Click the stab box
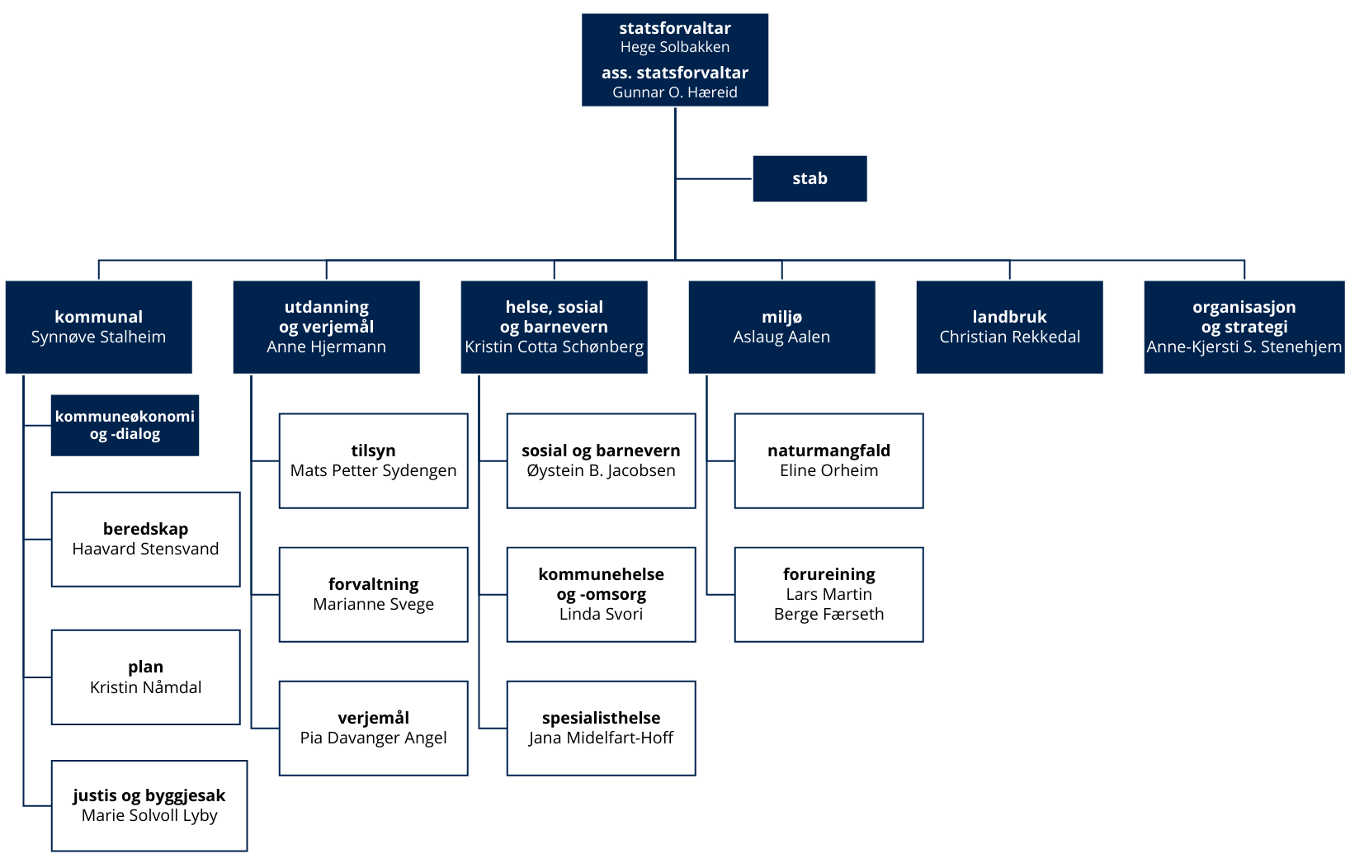810,178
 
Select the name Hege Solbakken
675,47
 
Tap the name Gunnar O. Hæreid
675,92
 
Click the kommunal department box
99,327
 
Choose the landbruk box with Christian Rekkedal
1009,327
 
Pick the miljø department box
781,327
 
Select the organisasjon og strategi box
1244,327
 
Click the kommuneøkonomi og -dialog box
125,425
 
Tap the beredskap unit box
146,540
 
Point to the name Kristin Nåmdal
146,687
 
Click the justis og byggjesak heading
149,795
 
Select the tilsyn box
374,460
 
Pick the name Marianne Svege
374,604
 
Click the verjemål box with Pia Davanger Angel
374,729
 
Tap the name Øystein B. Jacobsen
601,470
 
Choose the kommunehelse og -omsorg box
601,594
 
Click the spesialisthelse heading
601,718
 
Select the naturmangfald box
828,460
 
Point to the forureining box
828,594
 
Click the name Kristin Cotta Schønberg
554,347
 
